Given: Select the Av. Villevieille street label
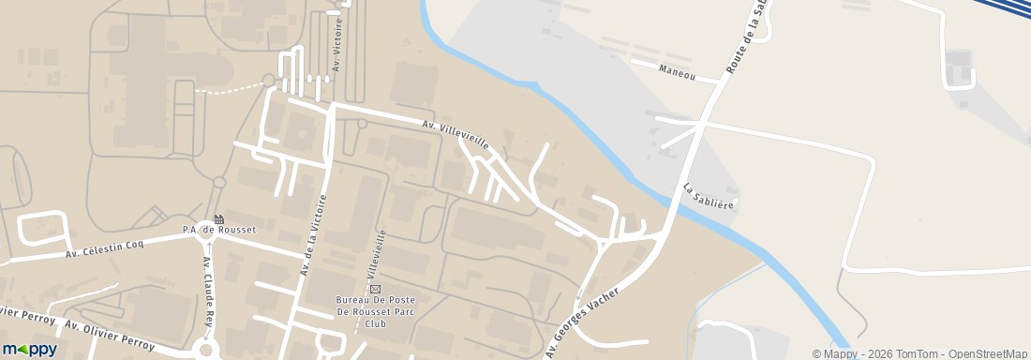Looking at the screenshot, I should coord(456,133).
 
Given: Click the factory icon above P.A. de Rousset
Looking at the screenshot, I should coord(218,218).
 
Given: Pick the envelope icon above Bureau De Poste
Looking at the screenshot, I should coord(376,289).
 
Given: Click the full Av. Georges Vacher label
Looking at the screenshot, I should coord(582,322).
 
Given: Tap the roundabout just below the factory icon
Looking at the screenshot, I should coord(208,239).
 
